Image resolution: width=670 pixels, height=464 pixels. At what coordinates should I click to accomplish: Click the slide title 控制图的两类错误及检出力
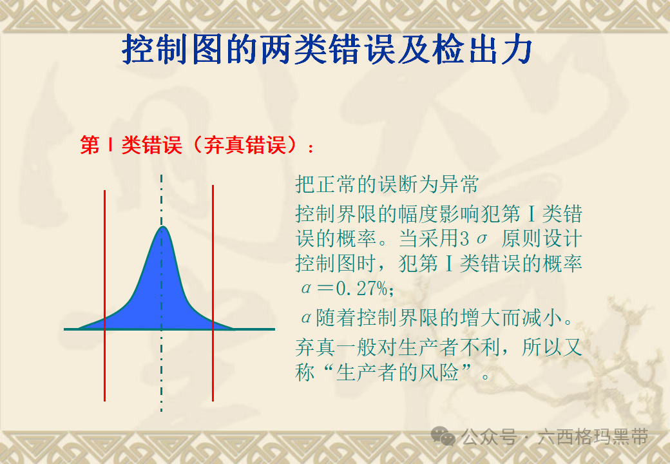[x=327, y=49]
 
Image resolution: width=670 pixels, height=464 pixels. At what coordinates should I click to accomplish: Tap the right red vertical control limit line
[x=213, y=293]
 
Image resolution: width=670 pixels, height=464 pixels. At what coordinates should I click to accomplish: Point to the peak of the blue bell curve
[x=162, y=227]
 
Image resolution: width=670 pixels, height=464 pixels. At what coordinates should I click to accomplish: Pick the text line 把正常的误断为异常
[x=387, y=184]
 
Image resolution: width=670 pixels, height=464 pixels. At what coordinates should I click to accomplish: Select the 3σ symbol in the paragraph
[x=474, y=238]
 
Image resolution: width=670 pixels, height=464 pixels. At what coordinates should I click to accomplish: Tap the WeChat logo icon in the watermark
[x=443, y=436]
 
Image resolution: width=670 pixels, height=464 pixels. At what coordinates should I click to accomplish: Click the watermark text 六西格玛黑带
[x=593, y=437]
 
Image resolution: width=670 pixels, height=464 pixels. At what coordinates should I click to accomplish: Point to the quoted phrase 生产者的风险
[x=397, y=372]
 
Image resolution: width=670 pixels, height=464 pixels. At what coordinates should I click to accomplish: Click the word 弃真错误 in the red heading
[x=244, y=145]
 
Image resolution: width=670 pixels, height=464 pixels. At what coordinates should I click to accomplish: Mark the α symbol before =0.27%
[x=306, y=289]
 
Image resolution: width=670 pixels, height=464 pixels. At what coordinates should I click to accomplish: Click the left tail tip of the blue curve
[x=79, y=328]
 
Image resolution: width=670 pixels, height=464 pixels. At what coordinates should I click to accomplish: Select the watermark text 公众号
[x=488, y=437]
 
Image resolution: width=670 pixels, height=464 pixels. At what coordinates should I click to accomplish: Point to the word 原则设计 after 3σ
[x=541, y=238]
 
